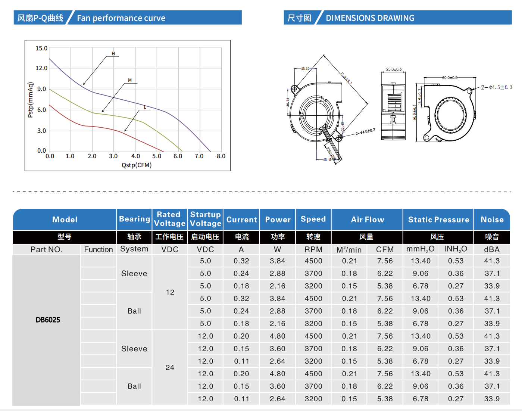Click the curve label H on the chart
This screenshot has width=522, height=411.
pos(113,54)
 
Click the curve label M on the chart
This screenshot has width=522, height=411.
pos(130,80)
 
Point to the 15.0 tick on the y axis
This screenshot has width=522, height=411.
pos(41,48)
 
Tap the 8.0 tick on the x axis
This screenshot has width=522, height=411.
pos(221,156)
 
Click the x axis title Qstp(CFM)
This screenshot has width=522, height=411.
pos(137,165)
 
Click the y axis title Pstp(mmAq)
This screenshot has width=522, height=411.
pos(31,100)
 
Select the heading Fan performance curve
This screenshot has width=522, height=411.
pos(121,18)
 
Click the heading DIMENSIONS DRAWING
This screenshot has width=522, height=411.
pos(370,18)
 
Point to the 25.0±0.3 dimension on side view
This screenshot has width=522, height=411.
pos(394,69)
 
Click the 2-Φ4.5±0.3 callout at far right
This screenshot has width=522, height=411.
pos(496,87)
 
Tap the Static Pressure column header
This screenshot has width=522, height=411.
pos(438,219)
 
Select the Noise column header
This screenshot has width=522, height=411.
pos(492,219)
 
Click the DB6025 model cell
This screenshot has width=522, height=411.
pos(48,320)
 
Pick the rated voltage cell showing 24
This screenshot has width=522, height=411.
pos(170,367)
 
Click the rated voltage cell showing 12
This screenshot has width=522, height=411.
pos(170,292)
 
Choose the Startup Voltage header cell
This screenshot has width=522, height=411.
pos(205,219)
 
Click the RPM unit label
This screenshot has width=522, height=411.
pos(313,249)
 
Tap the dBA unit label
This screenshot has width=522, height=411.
pos(492,249)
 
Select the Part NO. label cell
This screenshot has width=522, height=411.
pos(47,249)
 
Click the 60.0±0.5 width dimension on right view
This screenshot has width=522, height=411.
pos(450,78)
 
